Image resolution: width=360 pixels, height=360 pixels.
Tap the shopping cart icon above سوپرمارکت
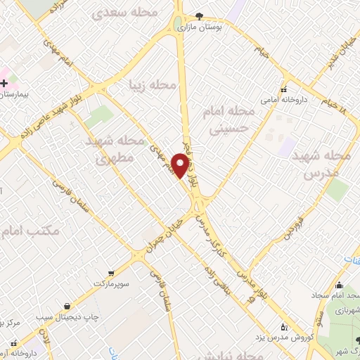[x=111, y=272]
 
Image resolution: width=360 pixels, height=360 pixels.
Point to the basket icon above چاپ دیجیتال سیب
[x=66, y=306]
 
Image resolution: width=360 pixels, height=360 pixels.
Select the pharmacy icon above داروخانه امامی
[x=283, y=90]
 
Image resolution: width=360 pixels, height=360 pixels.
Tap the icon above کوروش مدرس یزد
[x=284, y=327]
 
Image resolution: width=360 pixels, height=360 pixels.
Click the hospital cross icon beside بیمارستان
[x=4, y=83]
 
